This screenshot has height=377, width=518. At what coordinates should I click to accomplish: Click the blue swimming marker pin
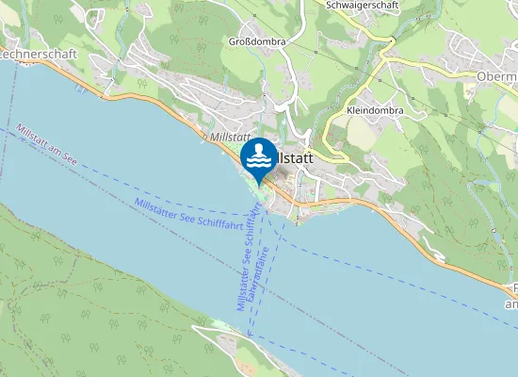[x=258, y=156]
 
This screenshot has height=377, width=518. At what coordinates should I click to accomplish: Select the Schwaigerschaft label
[x=362, y=6]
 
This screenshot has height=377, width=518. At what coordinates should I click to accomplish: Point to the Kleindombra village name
[x=375, y=110]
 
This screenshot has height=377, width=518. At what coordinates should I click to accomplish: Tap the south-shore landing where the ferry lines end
[x=249, y=335]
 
